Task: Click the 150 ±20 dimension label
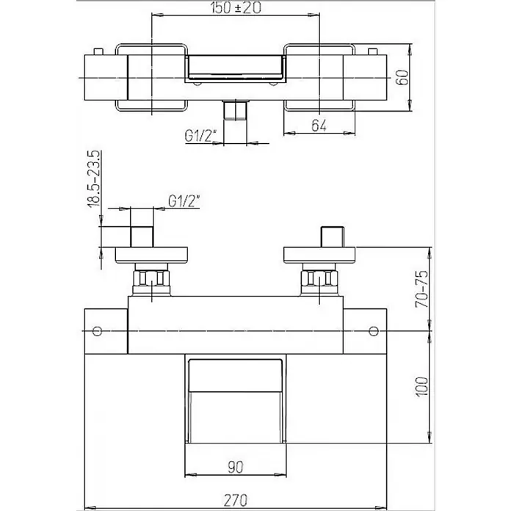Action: [x=236, y=8]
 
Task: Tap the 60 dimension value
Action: [x=403, y=77]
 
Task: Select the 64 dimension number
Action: [x=319, y=126]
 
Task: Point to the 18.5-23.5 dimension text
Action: [x=93, y=178]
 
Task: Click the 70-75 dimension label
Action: [x=423, y=289]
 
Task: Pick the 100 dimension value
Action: [x=422, y=386]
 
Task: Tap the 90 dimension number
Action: [x=235, y=468]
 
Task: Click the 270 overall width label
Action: [x=236, y=500]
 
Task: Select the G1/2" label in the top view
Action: [x=201, y=136]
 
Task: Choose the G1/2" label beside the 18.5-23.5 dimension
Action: [x=184, y=201]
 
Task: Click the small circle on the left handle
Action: [x=97, y=331]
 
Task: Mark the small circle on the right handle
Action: [x=374, y=331]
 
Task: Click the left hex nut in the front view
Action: [x=151, y=278]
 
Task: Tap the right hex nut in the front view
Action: [x=319, y=278]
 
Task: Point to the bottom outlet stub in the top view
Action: [x=235, y=110]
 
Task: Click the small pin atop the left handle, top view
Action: [x=98, y=51]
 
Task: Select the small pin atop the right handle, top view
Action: [x=372, y=51]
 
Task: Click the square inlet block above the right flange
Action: [x=333, y=236]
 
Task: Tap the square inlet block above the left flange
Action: [x=142, y=236]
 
